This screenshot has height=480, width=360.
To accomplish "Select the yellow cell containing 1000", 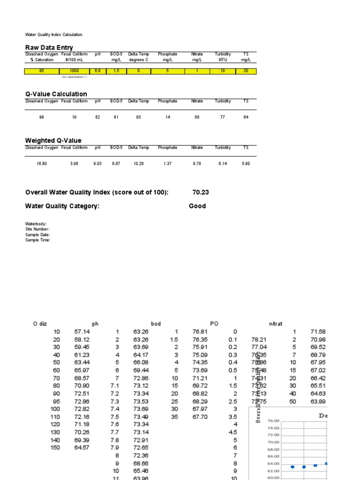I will point(74,71).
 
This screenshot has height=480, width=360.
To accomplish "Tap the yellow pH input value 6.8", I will point(97,71).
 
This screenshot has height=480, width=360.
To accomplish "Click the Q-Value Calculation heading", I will point(56,94).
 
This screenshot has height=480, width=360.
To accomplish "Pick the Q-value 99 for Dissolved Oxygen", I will point(42,117).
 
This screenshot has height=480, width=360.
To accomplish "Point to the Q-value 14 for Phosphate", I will point(167,117).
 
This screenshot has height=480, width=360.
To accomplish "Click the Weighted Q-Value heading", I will point(53,140).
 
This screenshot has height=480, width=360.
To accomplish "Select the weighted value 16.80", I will point(42,164).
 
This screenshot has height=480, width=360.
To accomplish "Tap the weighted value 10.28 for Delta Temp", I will point(138,164).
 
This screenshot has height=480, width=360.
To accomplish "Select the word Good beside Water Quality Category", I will point(197,206).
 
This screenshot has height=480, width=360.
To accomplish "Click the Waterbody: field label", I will point(36,224).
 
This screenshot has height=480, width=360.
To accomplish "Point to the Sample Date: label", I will point(37,235).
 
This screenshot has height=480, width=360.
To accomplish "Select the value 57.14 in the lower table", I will point(81,332).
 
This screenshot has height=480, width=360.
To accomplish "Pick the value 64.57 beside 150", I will point(81,448).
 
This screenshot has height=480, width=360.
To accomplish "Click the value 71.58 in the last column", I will point(317,332).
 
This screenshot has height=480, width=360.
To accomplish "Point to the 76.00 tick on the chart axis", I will point(273,421).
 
